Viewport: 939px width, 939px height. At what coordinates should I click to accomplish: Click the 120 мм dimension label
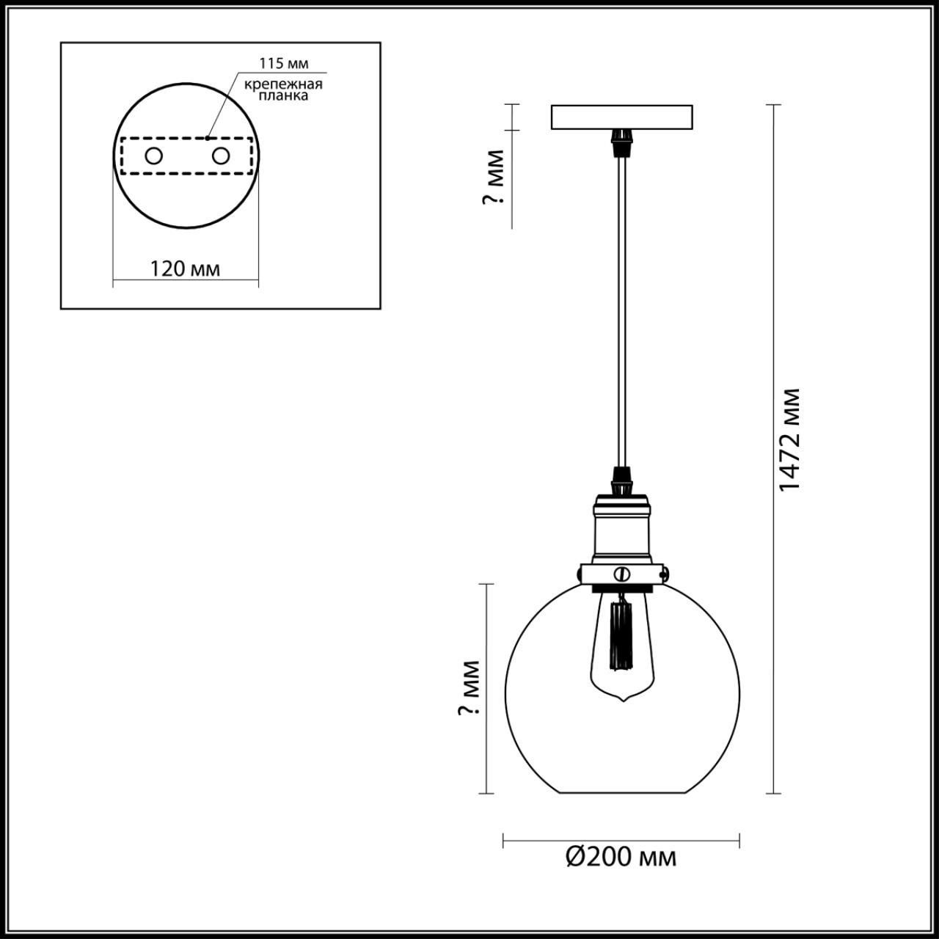click(185, 268)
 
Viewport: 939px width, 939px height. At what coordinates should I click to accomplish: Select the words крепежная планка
click(283, 90)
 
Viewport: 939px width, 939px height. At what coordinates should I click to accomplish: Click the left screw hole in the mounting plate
click(153, 156)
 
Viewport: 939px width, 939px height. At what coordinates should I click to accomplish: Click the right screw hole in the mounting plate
click(220, 156)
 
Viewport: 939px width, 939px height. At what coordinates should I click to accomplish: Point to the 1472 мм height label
click(789, 440)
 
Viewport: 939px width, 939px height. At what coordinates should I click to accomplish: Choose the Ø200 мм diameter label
click(621, 857)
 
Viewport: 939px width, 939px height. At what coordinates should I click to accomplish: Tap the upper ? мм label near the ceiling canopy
click(495, 178)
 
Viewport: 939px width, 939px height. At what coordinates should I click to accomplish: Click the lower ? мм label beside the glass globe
click(470, 688)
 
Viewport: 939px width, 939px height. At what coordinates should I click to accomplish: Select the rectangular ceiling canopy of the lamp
click(621, 117)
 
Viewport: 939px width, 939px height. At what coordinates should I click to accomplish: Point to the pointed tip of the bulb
click(622, 701)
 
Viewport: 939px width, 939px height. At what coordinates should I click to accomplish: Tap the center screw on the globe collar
click(622, 572)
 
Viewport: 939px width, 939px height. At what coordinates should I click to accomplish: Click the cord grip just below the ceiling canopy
click(622, 139)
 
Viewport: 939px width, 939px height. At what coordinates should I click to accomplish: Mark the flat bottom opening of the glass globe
click(622, 792)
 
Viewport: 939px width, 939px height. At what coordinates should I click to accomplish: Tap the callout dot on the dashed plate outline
click(208, 137)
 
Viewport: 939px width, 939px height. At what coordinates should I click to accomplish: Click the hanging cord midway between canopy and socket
click(622, 308)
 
